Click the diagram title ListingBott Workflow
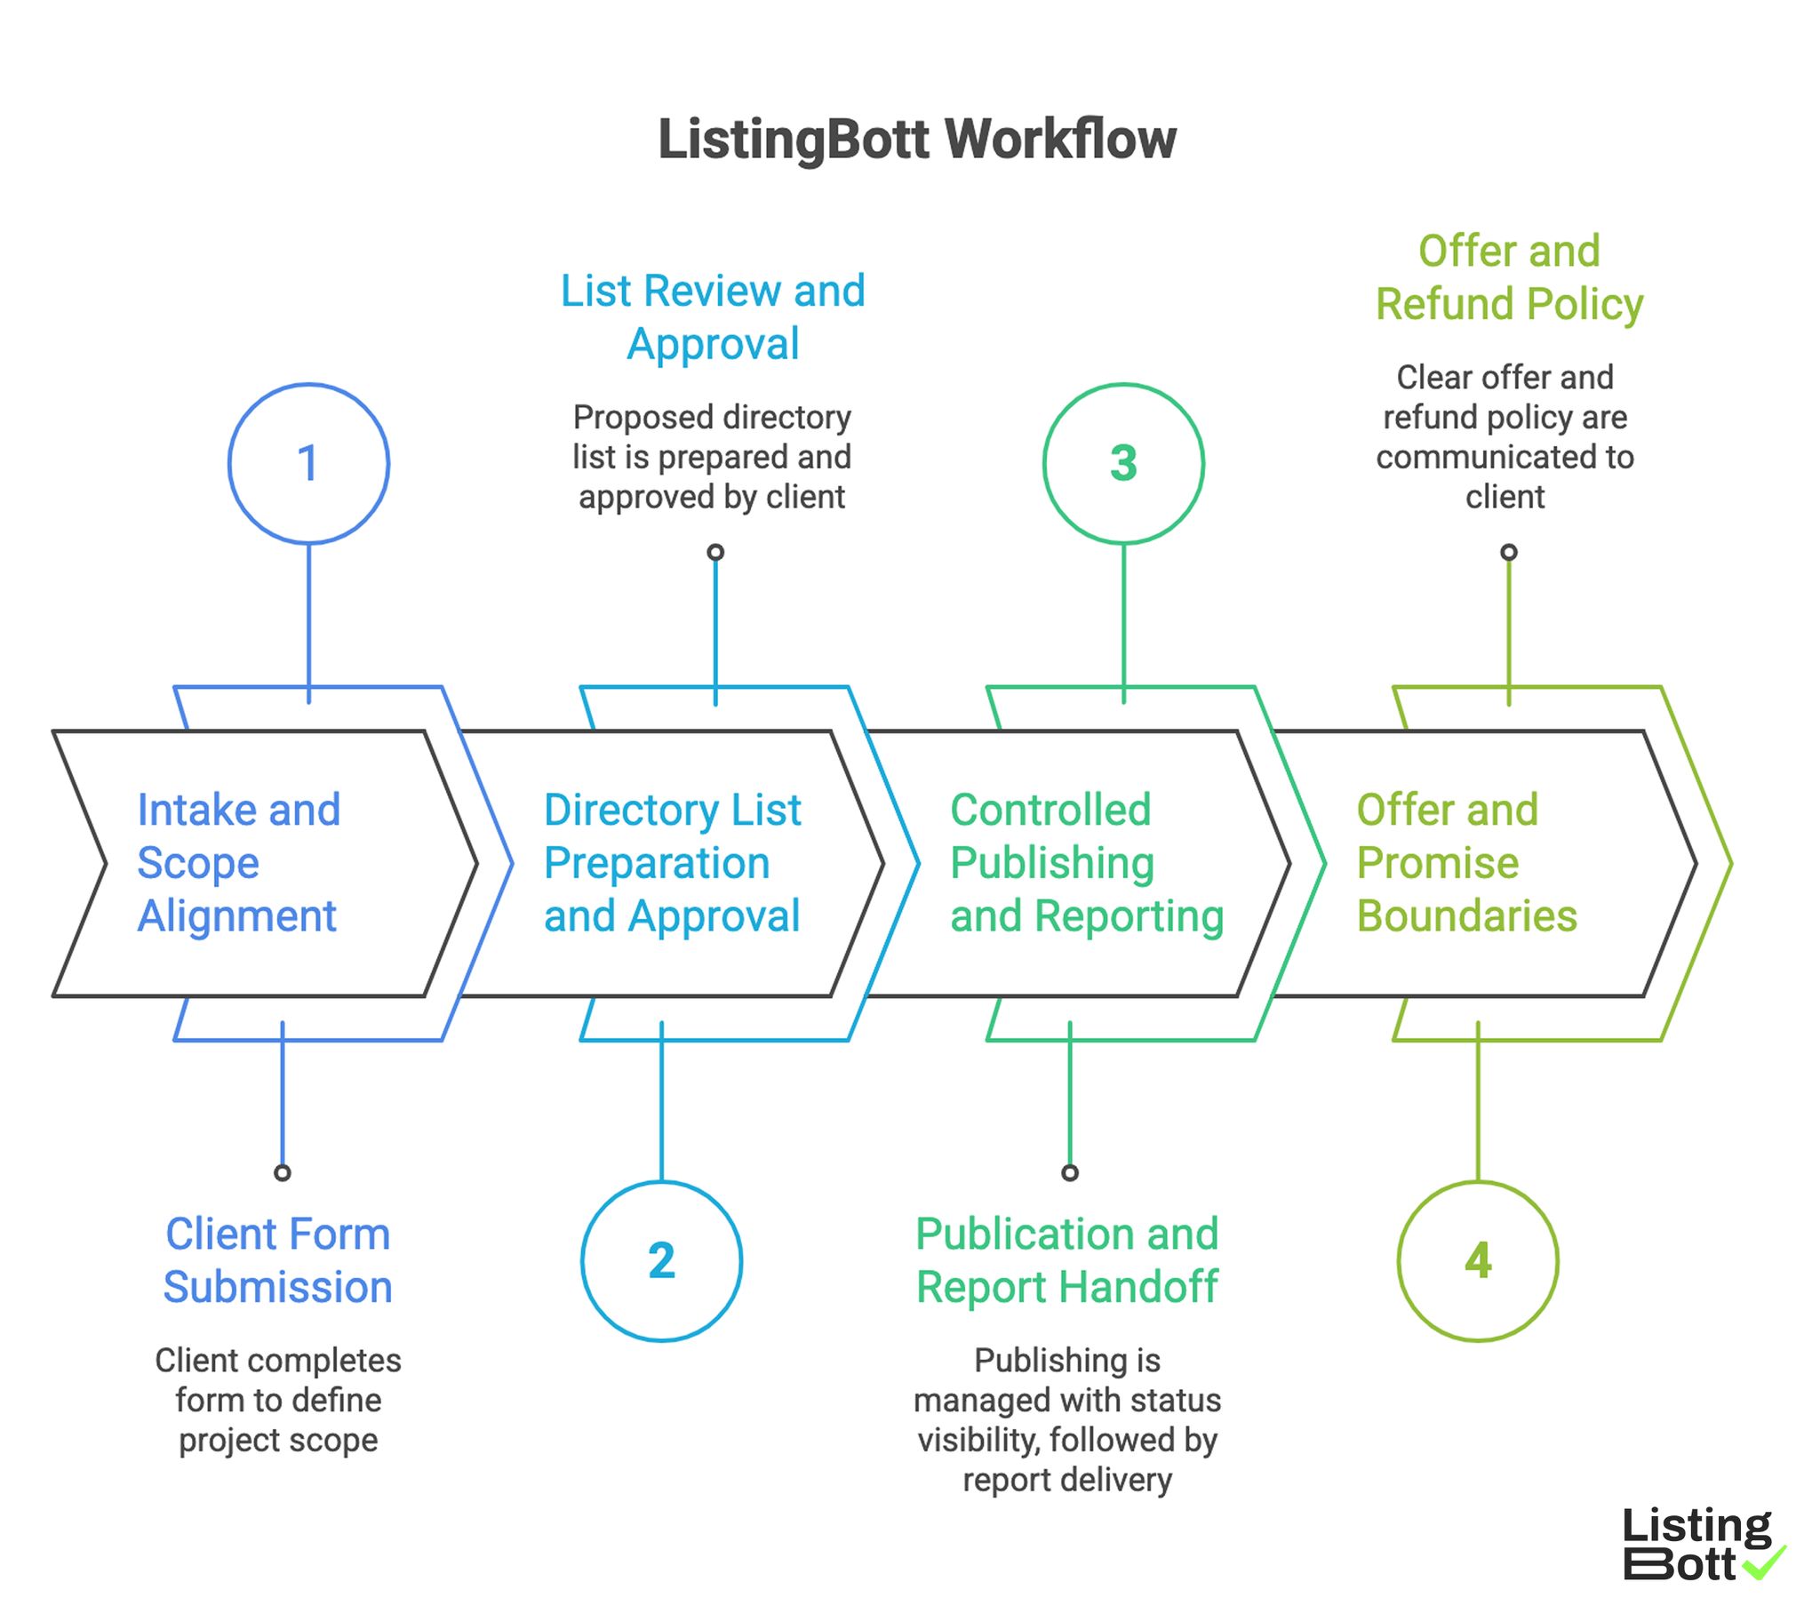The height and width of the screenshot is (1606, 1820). tap(916, 140)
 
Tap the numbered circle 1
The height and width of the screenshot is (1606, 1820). tap(308, 463)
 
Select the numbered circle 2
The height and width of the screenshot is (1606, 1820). tap(660, 1260)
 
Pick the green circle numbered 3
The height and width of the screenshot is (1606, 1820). tap(1122, 463)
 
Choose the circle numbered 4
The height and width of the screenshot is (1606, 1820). tap(1477, 1260)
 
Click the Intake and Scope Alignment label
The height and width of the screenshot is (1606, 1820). tap(239, 862)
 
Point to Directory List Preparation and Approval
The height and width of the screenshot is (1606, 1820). tap(672, 862)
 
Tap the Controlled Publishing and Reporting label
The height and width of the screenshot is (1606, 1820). tap(1086, 862)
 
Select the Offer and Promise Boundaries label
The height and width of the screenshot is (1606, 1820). tap(1465, 862)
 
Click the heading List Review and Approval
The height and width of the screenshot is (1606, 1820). tap(713, 317)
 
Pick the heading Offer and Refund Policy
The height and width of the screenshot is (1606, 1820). tap(1508, 277)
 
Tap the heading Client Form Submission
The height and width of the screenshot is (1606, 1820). tap(278, 1259)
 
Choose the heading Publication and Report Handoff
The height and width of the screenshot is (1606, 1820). tap(1066, 1259)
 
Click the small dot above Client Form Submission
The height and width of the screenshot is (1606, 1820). tap(283, 1172)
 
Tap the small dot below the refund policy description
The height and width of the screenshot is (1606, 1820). tap(1508, 552)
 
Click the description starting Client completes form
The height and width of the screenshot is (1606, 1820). tap(278, 1399)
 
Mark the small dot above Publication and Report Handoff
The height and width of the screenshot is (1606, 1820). tap(1070, 1172)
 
